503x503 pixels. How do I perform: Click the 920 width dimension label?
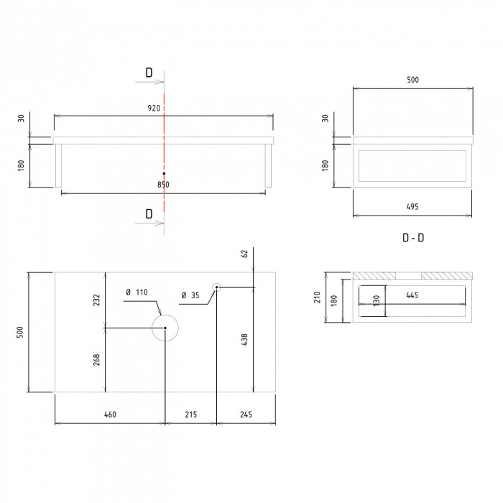(x=154, y=108)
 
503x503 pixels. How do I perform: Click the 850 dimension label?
(x=163, y=185)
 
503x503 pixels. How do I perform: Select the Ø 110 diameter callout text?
(x=137, y=292)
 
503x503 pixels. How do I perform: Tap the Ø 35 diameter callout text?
(x=190, y=295)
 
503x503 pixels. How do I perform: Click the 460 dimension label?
(x=110, y=415)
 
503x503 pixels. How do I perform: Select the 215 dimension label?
(x=191, y=415)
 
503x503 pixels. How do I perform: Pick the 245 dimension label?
(x=246, y=415)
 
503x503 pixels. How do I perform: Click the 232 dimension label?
(x=96, y=300)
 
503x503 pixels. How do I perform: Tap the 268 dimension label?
(x=96, y=360)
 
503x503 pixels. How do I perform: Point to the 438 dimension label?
(x=244, y=339)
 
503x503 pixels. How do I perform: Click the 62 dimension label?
(x=244, y=254)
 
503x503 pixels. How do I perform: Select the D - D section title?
(x=413, y=238)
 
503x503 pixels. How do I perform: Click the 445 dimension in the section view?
(x=412, y=295)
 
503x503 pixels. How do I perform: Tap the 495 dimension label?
(x=412, y=207)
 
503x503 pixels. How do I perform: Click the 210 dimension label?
(x=318, y=297)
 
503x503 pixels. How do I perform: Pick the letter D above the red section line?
(x=149, y=73)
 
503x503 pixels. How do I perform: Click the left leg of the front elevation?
(x=58, y=165)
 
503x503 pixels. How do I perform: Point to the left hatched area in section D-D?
(x=374, y=275)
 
